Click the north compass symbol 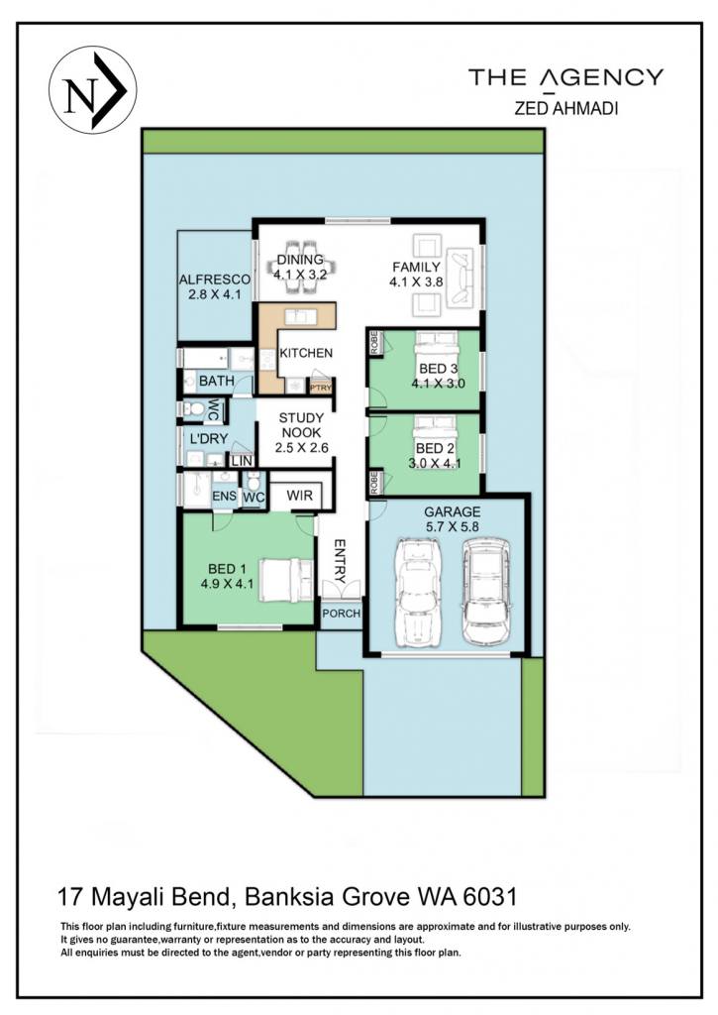(92, 90)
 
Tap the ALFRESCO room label (214, 280)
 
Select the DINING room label (299, 260)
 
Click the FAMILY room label (416, 267)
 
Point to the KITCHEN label (306, 353)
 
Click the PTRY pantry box (321, 388)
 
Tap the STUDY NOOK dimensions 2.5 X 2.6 (301, 447)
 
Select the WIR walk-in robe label (299, 496)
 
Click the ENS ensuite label (225, 497)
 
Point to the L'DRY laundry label (208, 438)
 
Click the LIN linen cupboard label (242, 461)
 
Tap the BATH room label (217, 381)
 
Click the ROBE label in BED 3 (374, 342)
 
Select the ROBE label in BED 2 (374, 483)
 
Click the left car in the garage (417, 592)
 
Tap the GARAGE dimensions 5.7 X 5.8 (453, 527)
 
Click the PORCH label (341, 613)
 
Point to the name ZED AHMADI (566, 108)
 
